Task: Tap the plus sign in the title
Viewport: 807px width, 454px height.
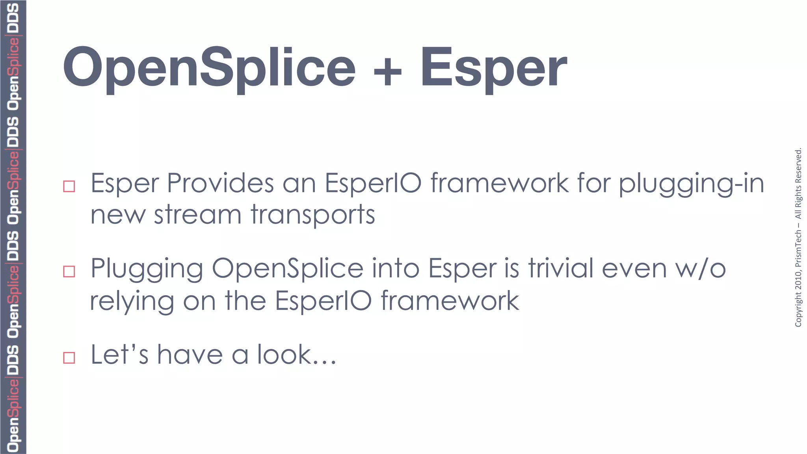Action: coord(387,71)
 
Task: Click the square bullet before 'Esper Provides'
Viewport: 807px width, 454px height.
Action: coord(69,186)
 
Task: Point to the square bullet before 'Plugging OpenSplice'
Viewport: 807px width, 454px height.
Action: coord(69,272)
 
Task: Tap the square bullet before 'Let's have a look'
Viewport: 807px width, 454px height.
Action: coord(69,357)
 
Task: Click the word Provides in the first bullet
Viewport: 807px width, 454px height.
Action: coord(220,183)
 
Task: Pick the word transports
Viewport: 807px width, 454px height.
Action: coord(313,216)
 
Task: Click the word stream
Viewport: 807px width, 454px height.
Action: coord(197,215)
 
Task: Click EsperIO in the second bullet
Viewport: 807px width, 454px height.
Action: coord(323,301)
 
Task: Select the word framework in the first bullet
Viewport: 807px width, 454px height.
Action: coord(500,183)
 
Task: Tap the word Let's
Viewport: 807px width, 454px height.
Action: coord(120,354)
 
